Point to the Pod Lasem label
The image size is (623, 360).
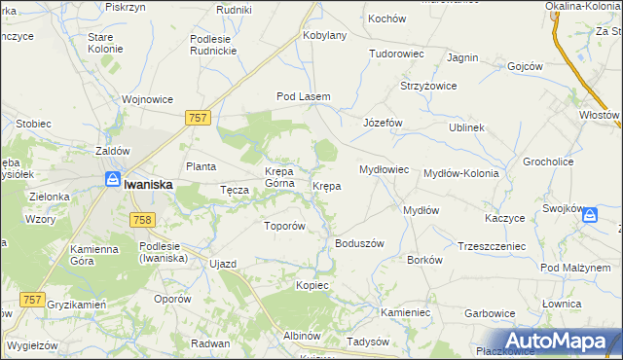point(304,96)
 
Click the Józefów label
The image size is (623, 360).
point(383,124)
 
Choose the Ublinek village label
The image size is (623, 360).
point(466,127)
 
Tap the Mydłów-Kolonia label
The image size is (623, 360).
point(461,173)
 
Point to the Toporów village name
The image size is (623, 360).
point(286,226)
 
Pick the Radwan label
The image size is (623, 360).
point(210,343)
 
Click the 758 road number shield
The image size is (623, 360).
point(141,221)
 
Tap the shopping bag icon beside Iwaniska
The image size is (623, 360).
point(113,180)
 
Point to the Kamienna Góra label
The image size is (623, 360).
point(94,256)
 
